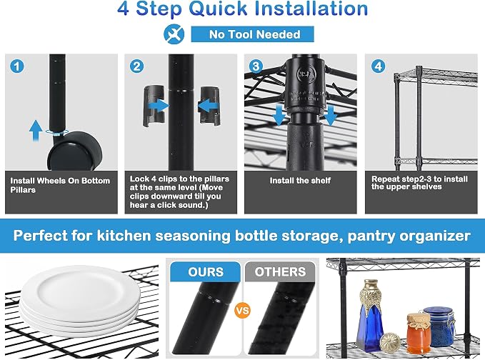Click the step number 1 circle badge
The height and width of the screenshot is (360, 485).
(16, 66)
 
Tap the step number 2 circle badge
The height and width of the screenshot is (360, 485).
(136, 66)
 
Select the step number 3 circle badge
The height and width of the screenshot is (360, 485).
(256, 66)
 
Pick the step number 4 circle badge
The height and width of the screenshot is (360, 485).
(378, 66)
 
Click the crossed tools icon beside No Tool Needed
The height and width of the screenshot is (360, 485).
(174, 34)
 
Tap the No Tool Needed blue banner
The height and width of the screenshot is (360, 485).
(252, 34)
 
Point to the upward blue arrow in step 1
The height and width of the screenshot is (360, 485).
(36, 131)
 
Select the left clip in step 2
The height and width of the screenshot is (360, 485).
(153, 106)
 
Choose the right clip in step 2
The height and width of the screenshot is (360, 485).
(210, 106)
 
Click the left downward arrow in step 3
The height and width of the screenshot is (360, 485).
(279, 115)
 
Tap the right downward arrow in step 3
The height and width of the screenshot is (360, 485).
(330, 115)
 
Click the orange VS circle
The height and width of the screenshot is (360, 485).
(243, 310)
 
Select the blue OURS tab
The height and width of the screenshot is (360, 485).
(206, 272)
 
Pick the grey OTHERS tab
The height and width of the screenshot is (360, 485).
(280, 272)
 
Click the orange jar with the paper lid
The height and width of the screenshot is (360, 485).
(419, 333)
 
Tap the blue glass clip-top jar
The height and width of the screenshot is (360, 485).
(439, 326)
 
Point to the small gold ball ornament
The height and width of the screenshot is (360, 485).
(390, 341)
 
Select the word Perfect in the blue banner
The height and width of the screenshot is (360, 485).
(40, 236)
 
